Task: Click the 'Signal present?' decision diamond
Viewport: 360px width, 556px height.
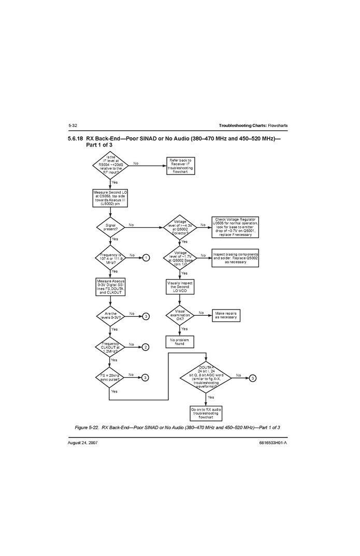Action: pos(110,227)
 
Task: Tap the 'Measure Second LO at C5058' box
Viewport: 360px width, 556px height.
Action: pos(110,198)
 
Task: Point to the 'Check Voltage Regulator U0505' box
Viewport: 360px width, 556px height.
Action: pos(235,227)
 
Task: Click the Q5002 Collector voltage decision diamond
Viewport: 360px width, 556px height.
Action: pos(179,227)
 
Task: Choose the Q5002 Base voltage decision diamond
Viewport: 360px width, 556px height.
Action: pos(179,257)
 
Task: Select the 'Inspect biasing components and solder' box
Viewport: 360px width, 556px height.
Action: pos(235,257)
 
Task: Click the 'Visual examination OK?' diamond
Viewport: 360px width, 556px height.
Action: pos(179,315)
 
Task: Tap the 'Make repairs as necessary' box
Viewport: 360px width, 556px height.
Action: pos(225,315)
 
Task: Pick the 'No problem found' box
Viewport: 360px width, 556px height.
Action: pos(179,342)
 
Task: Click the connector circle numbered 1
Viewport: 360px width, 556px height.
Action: pos(147,257)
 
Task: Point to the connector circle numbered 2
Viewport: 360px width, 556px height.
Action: pos(147,347)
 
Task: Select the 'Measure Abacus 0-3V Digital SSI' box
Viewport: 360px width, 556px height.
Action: pos(110,287)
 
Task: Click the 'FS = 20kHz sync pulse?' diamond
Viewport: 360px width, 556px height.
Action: pos(110,377)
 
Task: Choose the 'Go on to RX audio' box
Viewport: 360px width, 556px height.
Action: pos(207,413)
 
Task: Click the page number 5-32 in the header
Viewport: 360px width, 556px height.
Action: pos(73,126)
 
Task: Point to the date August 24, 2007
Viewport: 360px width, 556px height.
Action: pos(83,443)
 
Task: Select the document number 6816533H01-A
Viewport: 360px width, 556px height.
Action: pos(272,443)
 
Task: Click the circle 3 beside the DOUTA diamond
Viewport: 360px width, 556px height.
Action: pos(252,377)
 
